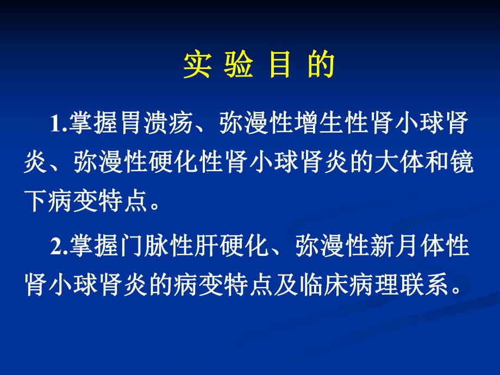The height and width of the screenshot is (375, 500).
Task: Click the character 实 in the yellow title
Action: (x=197, y=66)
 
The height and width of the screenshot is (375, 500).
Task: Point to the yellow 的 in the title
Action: (x=321, y=66)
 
